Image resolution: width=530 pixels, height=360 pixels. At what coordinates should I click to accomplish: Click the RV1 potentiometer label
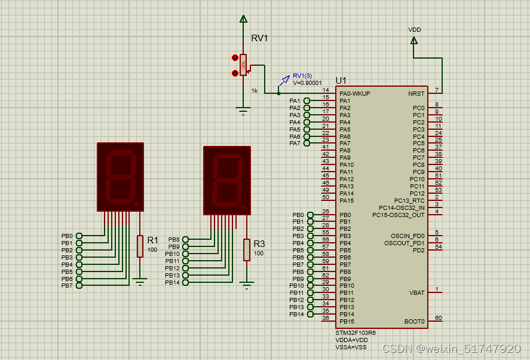coord(259,38)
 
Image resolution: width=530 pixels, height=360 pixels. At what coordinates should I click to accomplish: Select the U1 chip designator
coord(341,81)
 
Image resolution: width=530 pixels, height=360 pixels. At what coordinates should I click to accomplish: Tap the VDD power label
coord(414,29)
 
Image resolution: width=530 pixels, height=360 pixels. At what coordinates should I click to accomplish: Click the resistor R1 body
coord(140,246)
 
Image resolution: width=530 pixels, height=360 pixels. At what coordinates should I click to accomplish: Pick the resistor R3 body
coord(246,249)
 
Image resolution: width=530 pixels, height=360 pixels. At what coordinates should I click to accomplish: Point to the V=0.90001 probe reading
coord(307,83)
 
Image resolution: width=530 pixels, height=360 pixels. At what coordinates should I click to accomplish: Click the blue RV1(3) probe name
coord(302,76)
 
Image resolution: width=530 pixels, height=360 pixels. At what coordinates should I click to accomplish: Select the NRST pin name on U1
coord(416,94)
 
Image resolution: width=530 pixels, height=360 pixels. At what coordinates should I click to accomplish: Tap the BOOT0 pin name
coord(414,322)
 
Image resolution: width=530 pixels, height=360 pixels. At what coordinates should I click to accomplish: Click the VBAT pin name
coord(416,293)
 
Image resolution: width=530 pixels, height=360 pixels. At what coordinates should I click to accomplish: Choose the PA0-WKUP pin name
coord(354,94)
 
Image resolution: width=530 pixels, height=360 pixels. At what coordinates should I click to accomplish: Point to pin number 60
coord(438,318)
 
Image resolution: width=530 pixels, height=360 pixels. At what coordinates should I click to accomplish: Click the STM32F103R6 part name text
coord(356,332)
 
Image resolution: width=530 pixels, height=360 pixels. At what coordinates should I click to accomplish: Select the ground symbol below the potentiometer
coord(243,111)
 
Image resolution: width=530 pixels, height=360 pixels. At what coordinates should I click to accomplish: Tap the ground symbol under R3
coord(246,285)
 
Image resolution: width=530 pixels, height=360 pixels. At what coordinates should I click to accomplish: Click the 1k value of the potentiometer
coord(255,91)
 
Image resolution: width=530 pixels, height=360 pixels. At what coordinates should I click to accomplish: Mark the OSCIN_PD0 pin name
coord(404,236)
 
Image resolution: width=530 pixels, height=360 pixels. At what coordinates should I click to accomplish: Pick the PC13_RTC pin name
coord(409,201)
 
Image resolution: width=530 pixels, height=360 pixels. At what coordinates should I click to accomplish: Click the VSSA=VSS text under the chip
coord(351,347)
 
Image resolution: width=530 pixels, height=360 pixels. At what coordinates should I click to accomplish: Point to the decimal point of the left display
coord(137,205)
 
